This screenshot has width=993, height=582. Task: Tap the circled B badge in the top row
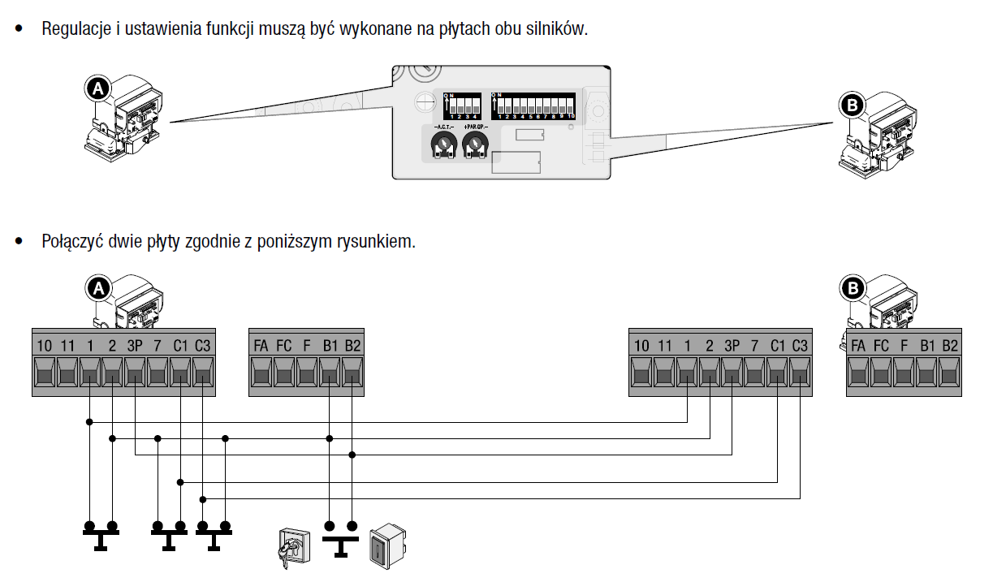pos(852,106)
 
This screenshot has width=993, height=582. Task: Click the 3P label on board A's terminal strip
pos(134,346)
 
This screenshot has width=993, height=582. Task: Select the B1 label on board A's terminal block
pos(330,346)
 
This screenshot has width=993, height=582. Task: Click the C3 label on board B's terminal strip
pos(800,346)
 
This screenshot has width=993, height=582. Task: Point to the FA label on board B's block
pos(858,346)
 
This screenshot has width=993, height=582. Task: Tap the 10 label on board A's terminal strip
pos(44,346)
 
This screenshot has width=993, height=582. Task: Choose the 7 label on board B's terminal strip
pos(754,346)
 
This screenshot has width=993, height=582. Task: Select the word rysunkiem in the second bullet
pos(376,242)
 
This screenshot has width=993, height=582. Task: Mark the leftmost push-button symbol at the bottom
pos(101,535)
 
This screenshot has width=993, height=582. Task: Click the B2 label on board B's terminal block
pos(950,346)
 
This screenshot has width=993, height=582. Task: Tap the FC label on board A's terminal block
pos(284,346)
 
